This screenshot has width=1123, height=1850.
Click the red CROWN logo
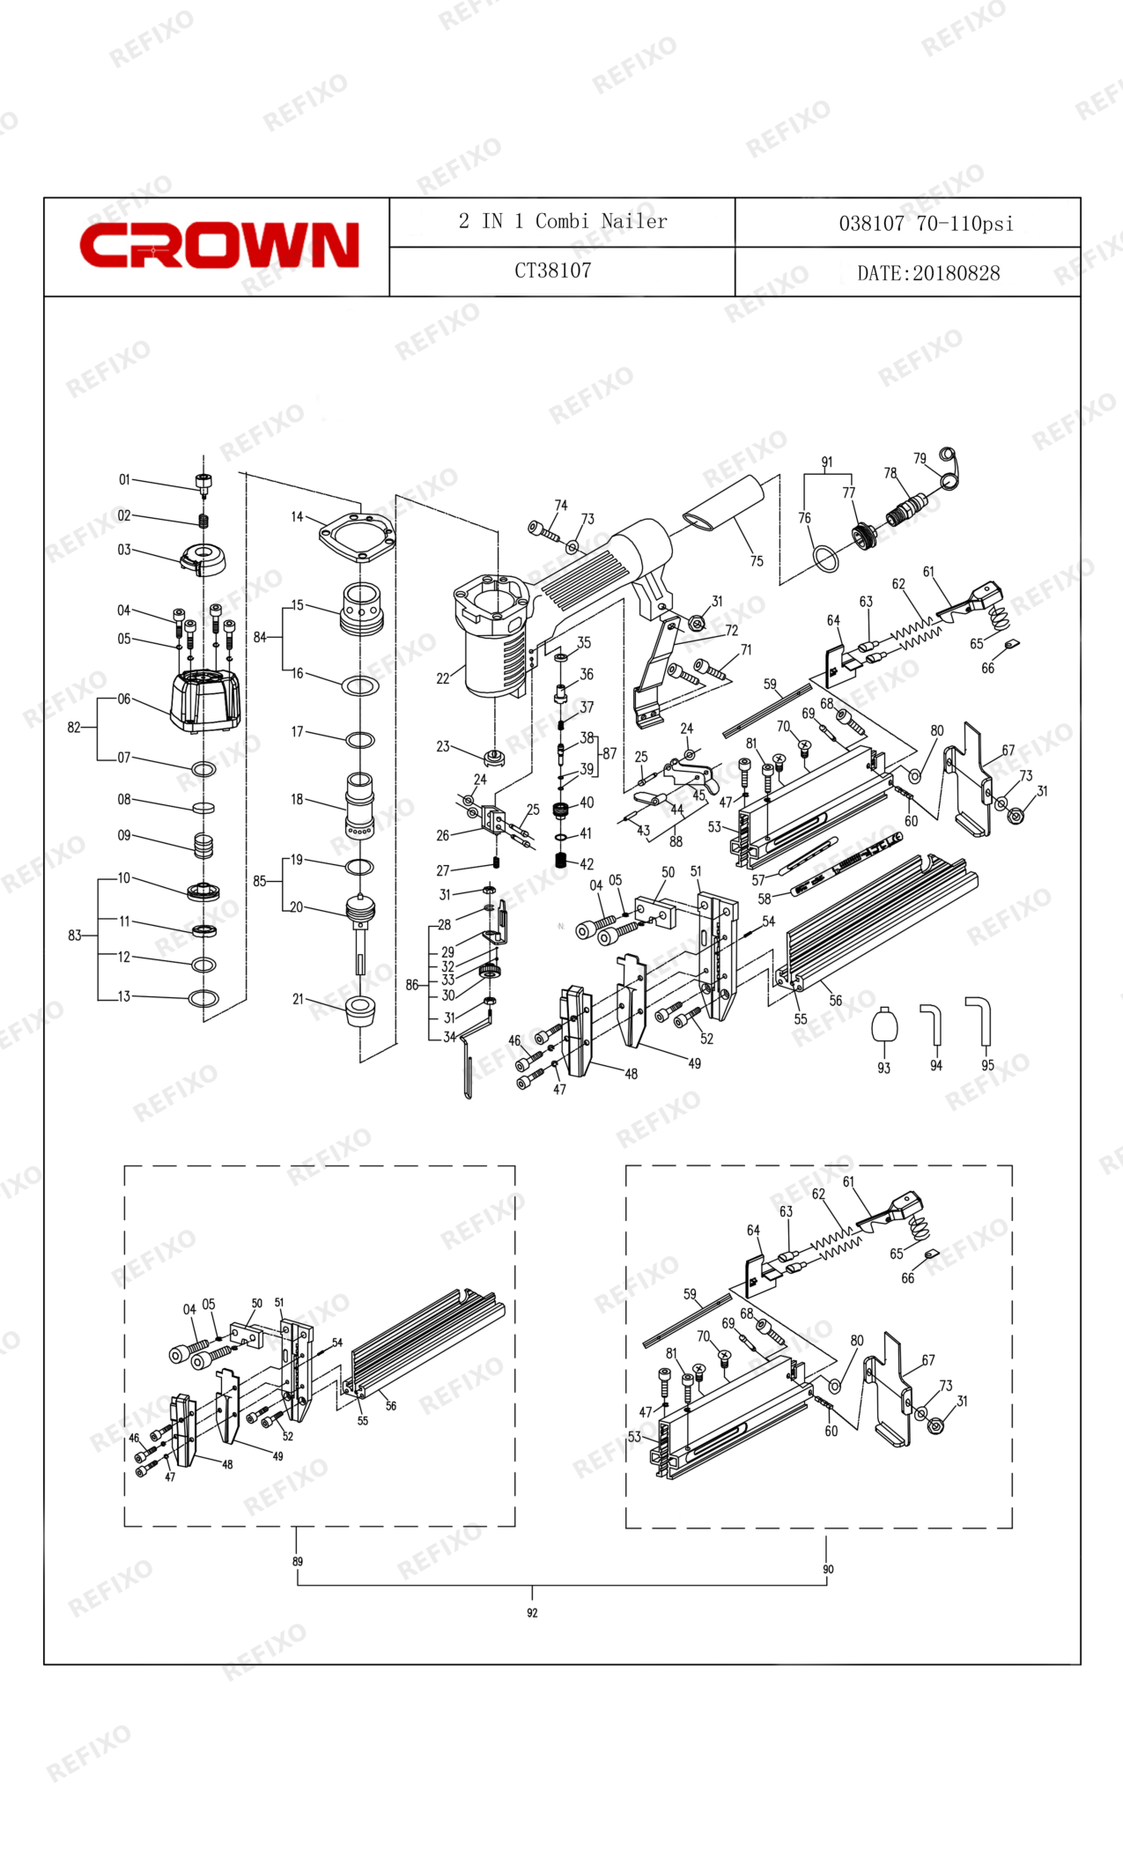[219, 245]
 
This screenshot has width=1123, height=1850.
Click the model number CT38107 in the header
[553, 271]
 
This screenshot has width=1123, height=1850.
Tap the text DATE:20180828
[928, 273]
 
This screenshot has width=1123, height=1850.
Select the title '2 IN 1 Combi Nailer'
[563, 221]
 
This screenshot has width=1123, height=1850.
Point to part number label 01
[124, 479]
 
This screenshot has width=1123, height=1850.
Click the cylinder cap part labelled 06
[205, 700]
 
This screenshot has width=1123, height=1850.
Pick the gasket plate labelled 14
[357, 536]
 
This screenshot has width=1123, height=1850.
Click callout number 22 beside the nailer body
[443, 678]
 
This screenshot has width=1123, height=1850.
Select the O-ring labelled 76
[825, 558]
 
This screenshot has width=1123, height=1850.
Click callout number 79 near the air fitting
[920, 458]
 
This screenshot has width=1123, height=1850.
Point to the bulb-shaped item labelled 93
[884, 1025]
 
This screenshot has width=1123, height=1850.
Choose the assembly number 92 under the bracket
[532, 1613]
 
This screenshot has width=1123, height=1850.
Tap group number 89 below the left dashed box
[298, 1562]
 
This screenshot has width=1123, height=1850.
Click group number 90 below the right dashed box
[828, 1569]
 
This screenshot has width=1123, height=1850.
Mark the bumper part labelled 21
[361, 1012]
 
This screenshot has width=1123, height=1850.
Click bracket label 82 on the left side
[74, 728]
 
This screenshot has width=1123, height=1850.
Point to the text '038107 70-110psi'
[926, 224]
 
